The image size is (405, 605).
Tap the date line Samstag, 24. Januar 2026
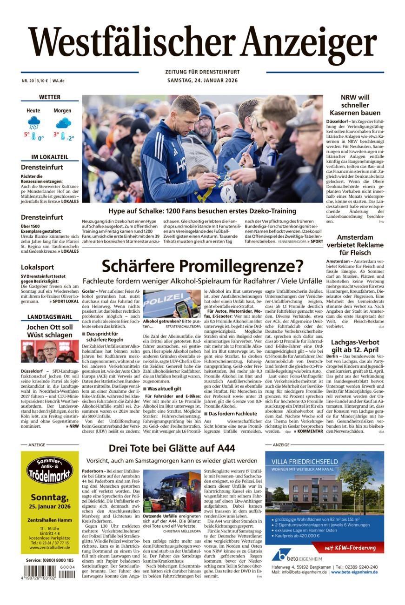202,81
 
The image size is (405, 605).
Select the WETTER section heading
50,97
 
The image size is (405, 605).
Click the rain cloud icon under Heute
34,123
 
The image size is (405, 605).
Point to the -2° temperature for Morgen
70,138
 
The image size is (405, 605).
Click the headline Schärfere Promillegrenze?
202,266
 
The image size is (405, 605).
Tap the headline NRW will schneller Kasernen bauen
355,105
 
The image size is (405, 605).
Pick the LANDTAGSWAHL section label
50,317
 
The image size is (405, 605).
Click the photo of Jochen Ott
50,351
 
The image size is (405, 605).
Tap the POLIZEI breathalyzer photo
172,303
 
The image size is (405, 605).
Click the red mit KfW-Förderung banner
350,547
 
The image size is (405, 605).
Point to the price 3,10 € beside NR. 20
43,81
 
